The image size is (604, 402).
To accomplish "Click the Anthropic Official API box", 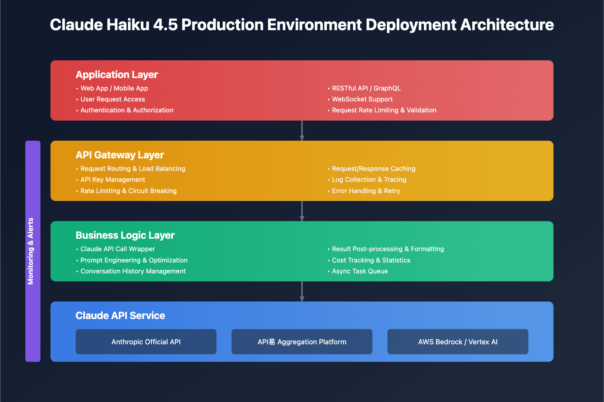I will point(146,342).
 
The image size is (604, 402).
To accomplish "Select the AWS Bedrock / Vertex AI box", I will point(458,342).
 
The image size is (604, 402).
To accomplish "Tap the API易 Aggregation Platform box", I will point(302,342).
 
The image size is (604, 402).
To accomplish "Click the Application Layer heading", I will point(117,75).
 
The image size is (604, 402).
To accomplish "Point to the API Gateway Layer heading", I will point(120,155).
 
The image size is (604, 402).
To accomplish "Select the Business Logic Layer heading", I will point(125,235).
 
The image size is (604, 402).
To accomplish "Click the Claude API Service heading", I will point(120,316).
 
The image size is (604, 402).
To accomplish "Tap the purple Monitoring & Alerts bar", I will point(32,251).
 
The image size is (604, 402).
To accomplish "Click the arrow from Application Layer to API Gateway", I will point(302,130).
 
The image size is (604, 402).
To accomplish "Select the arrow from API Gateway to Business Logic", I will point(302,211).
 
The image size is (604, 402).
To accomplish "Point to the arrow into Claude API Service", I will point(302,291).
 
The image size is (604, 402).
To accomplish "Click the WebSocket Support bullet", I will point(362,99).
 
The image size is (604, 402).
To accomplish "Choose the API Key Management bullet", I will point(112,180).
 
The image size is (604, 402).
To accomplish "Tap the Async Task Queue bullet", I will point(359,271).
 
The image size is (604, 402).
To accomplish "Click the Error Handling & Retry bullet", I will point(365,191).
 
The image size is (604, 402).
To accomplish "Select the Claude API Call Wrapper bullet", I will point(117,249).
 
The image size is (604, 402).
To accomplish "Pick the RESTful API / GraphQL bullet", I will point(366,88).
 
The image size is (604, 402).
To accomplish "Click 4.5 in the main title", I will point(165,25).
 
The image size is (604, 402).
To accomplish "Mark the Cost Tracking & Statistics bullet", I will point(371,260).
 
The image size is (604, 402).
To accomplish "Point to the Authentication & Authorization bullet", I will point(126,110).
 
